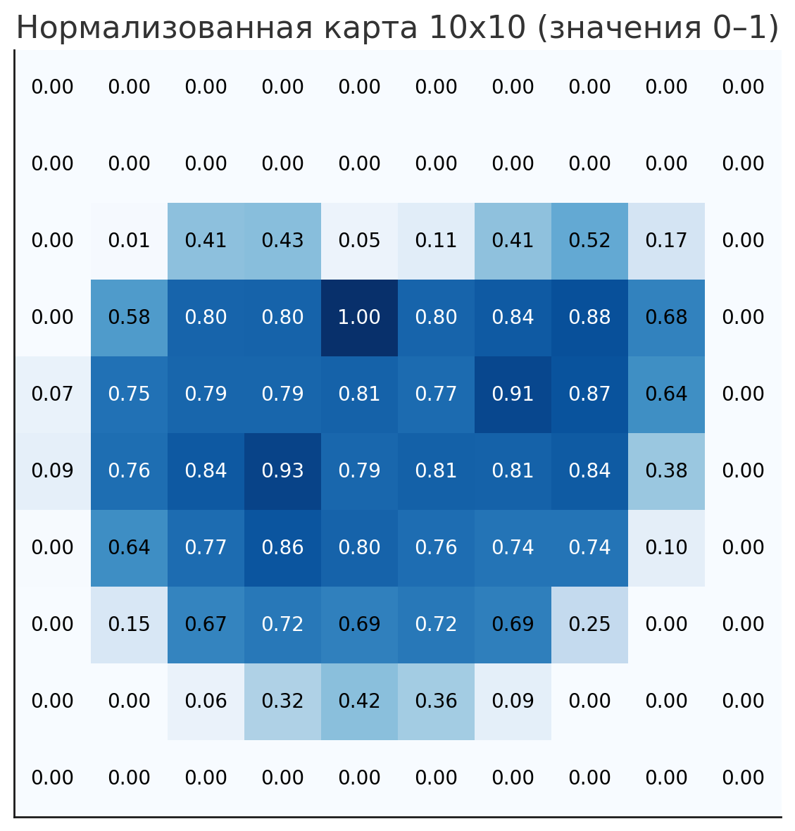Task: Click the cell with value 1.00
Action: (359, 318)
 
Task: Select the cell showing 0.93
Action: (282, 471)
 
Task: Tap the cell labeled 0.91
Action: (513, 394)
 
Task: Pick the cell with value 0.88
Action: (589, 318)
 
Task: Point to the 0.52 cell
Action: (589, 241)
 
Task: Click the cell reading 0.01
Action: (129, 241)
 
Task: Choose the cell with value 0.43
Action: (282, 241)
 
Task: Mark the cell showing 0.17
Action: (666, 241)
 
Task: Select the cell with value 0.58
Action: (129, 318)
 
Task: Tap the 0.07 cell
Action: (52, 394)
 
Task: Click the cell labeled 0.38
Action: (666, 471)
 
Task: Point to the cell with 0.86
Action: (282, 548)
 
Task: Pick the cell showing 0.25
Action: (589, 625)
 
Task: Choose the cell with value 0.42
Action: (359, 701)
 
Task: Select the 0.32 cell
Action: (282, 701)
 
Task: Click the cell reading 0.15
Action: (129, 625)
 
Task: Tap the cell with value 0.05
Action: (359, 241)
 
